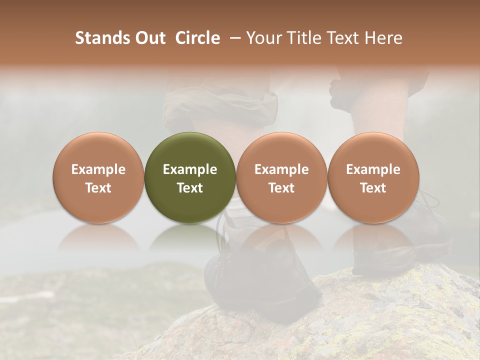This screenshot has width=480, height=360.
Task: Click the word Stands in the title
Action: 101,38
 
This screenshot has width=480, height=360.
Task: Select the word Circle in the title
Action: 197,38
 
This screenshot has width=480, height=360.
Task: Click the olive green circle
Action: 189,150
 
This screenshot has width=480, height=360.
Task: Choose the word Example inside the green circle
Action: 190,169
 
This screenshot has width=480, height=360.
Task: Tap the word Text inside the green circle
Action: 190,188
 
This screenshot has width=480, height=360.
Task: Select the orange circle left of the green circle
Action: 98,150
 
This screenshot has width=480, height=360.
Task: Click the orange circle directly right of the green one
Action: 281,150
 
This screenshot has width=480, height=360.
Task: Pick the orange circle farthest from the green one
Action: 373,150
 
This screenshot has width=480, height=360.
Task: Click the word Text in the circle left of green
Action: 98,188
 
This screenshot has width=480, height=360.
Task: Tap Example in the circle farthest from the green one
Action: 373,169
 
